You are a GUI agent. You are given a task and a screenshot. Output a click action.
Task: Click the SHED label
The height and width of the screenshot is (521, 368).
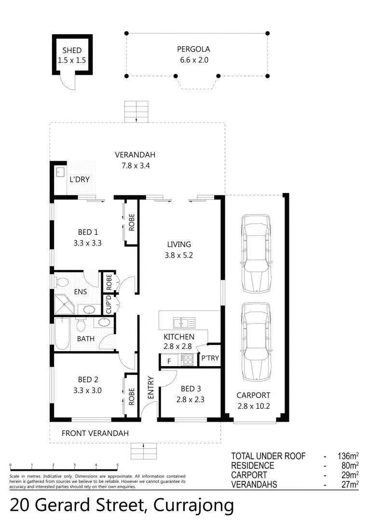[72, 50]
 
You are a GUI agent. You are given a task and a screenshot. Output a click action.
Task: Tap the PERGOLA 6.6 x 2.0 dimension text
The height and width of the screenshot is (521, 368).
[193, 60]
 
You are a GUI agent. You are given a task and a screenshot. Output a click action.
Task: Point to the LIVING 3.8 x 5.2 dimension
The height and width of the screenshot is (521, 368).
[178, 256]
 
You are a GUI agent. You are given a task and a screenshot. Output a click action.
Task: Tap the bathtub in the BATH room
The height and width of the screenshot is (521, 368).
[62, 334]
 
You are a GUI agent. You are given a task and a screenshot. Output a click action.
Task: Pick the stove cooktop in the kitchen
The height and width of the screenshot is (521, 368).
[187, 359]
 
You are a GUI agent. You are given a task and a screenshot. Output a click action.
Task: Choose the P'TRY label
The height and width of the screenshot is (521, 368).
[210, 358]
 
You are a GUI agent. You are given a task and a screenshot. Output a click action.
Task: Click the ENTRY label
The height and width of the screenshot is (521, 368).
[150, 387]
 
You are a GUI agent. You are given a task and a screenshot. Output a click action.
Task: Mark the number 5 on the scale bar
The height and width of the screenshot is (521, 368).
[117, 465]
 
